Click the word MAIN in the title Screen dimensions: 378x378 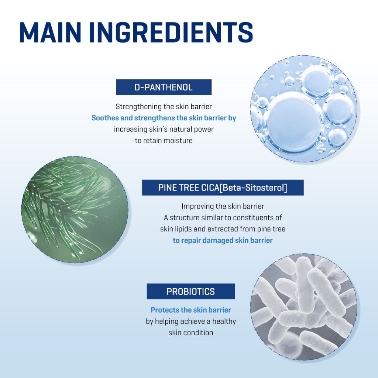50,32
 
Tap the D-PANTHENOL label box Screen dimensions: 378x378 164,87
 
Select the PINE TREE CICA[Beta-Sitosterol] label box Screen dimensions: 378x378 223,188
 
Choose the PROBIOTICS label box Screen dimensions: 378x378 191,292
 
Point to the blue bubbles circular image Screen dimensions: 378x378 304,109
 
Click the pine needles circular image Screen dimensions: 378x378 75,210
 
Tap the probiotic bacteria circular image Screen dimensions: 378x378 304,307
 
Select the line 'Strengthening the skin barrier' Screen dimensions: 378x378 164,107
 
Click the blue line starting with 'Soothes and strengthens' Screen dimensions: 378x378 164,118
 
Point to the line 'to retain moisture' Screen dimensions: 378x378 164,141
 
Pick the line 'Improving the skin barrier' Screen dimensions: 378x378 223,206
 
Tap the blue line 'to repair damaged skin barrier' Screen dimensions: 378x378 223,240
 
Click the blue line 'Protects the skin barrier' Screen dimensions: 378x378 191,310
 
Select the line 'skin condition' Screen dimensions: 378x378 191,333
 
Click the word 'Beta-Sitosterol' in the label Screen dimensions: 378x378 253,188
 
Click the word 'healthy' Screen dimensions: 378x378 224,322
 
